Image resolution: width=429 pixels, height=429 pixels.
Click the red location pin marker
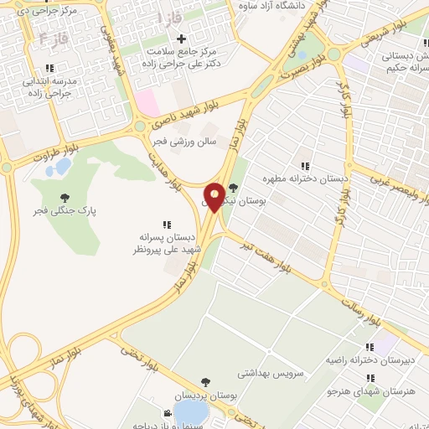click(214, 198)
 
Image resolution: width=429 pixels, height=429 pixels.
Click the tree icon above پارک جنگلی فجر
click(65, 198)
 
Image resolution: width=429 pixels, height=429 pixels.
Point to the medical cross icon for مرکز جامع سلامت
click(182, 39)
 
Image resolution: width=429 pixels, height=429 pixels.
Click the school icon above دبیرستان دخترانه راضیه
click(370, 347)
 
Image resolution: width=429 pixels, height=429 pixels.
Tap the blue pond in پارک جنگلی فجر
click(59, 168)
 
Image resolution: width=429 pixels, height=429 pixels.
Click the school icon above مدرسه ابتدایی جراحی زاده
click(49, 67)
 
